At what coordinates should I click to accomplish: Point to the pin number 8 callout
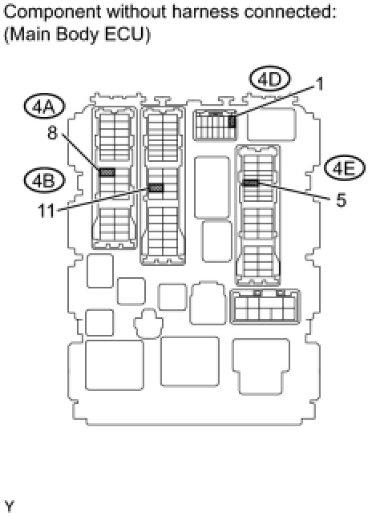tap(53, 133)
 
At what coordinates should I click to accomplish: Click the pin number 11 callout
tap(46, 211)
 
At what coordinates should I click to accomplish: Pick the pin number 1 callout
tap(320, 84)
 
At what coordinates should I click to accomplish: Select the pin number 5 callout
tap(342, 200)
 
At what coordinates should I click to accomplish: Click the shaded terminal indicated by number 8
tap(107, 172)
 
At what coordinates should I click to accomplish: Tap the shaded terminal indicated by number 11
tap(156, 187)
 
